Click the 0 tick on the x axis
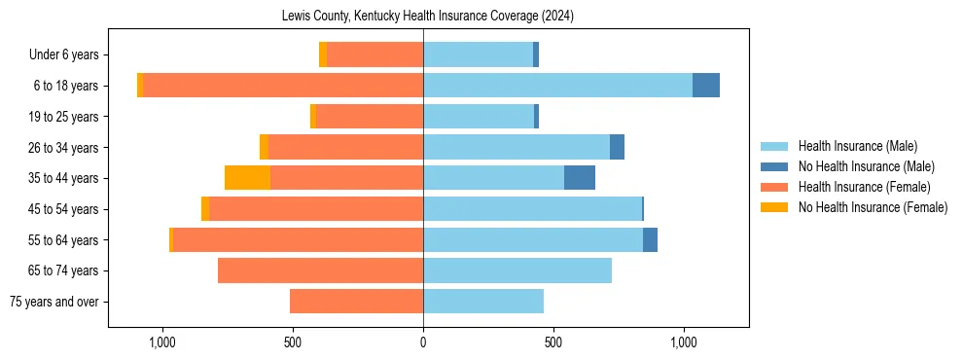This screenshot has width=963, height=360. (x=423, y=342)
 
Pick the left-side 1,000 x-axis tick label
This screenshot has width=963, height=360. (x=161, y=342)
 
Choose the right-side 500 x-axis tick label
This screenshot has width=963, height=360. (x=553, y=342)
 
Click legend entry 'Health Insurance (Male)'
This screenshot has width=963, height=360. (x=857, y=146)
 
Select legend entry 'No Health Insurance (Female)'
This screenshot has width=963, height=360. (x=873, y=207)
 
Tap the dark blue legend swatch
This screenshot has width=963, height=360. (x=774, y=166)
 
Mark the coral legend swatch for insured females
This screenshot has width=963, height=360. (x=774, y=187)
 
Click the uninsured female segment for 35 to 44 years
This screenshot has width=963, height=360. (x=247, y=178)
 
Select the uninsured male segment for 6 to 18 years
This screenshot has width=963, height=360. (x=706, y=86)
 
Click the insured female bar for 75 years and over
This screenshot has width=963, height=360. (x=356, y=302)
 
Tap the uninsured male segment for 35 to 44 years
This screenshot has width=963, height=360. (x=580, y=178)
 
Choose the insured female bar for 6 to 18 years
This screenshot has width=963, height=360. (x=282, y=86)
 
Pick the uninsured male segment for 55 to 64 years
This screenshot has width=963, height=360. (x=650, y=239)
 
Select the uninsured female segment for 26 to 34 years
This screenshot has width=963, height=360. (x=264, y=147)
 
